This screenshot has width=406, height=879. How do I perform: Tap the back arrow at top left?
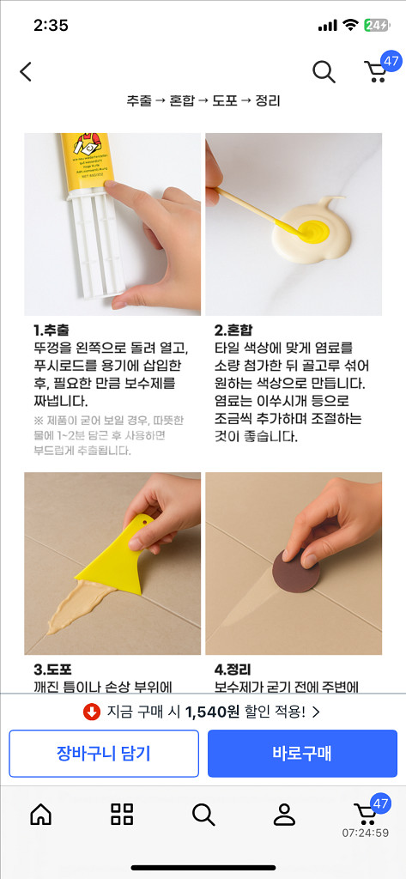26,72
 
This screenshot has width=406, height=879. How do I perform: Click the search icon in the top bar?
324,72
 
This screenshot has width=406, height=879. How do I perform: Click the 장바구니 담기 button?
104,754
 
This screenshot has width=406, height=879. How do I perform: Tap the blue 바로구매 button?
302,754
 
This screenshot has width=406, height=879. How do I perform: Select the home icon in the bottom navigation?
40,815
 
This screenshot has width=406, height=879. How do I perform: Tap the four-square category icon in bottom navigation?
122,815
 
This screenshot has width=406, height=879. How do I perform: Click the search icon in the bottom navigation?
203,815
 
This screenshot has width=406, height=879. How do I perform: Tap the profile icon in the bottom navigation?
284,815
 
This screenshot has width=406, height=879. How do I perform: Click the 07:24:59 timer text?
365,833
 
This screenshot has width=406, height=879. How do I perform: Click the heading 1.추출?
52,330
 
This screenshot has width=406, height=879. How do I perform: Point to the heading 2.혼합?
233,330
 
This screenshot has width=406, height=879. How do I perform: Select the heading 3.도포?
52,669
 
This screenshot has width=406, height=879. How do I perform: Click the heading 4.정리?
233,669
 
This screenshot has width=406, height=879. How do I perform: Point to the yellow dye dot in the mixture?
311,228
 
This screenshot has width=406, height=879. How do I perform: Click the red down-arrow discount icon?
92,712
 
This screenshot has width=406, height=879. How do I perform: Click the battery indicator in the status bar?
376,25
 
